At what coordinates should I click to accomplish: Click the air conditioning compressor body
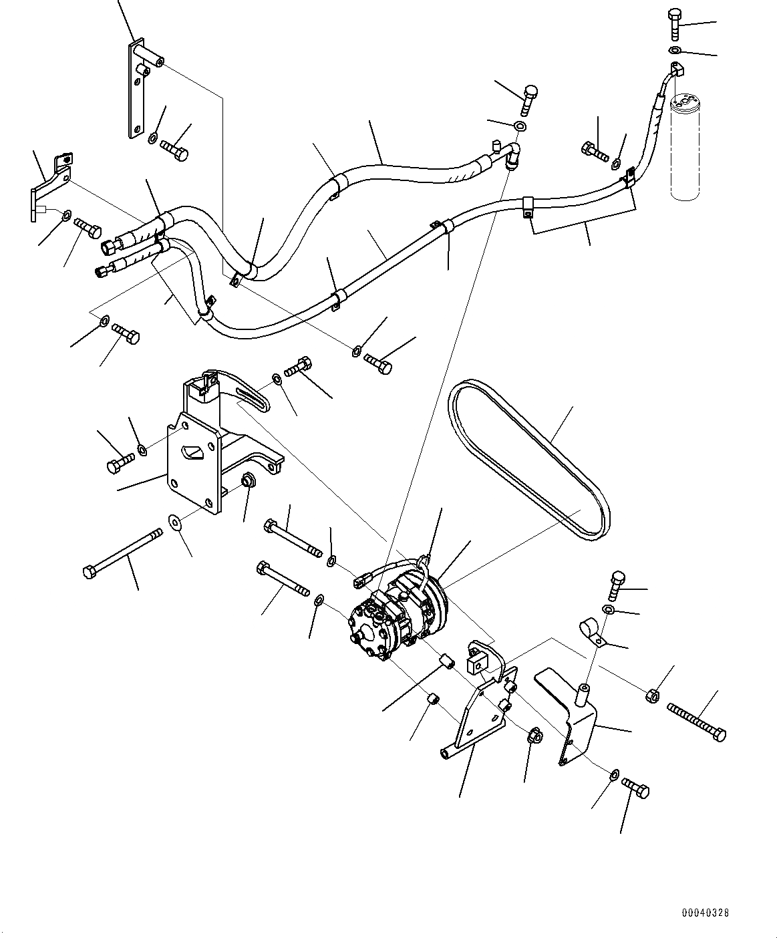point(394,615)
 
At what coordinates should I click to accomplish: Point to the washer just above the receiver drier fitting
point(675,51)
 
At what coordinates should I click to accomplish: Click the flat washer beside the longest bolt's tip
point(175,521)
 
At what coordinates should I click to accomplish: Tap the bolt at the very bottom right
point(635,786)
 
